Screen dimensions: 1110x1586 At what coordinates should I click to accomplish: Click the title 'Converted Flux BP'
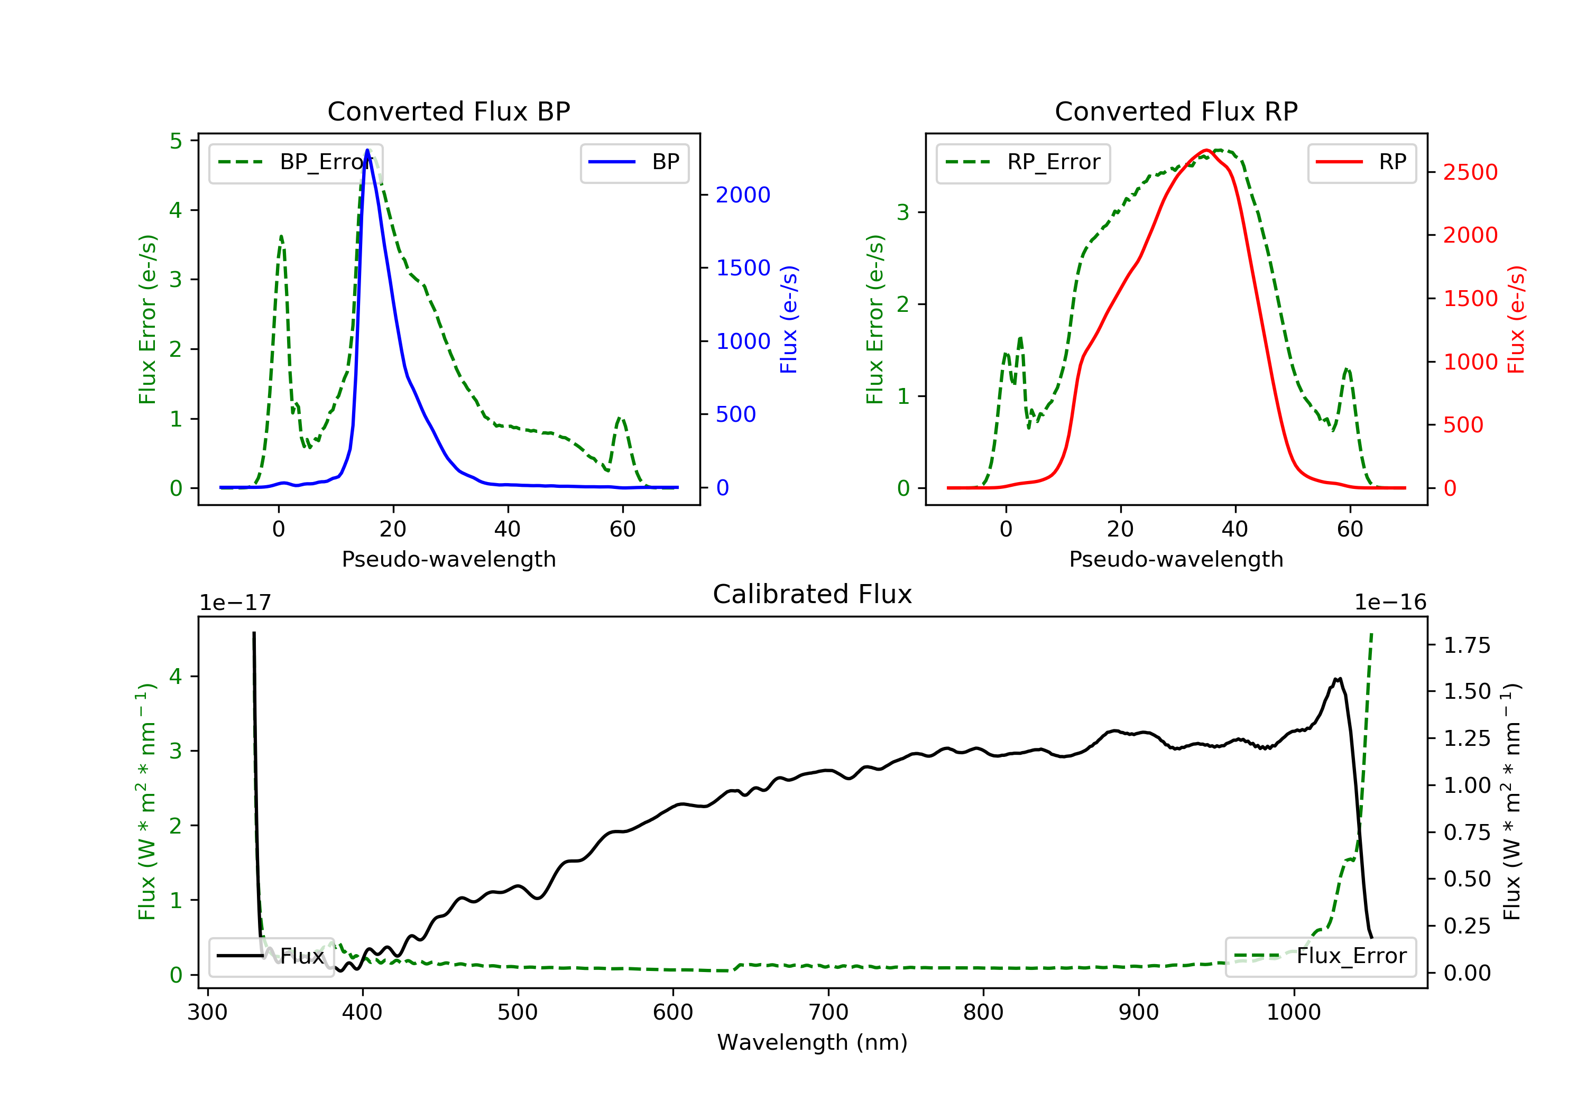pyautogui.click(x=448, y=111)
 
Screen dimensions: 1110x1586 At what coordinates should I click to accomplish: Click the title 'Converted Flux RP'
pyautogui.click(x=1176, y=111)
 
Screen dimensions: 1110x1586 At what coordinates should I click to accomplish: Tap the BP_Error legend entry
pyautogui.click(x=296, y=163)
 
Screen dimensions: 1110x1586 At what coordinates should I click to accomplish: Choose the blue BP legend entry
pyautogui.click(x=634, y=162)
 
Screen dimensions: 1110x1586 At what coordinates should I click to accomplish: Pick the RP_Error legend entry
pyautogui.click(x=1023, y=163)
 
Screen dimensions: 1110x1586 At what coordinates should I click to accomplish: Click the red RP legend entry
pyautogui.click(x=1361, y=162)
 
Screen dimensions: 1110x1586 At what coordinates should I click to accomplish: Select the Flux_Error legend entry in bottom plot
pyautogui.click(x=1321, y=956)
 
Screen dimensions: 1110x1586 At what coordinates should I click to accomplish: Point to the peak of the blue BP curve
pyautogui.click(x=367, y=150)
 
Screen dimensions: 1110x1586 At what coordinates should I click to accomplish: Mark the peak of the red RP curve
pyautogui.click(x=1206, y=150)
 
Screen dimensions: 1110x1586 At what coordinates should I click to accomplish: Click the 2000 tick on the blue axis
pyautogui.click(x=743, y=196)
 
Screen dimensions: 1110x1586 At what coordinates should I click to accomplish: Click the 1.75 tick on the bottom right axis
pyautogui.click(x=1467, y=646)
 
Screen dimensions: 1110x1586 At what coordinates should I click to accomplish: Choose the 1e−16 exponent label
pyautogui.click(x=1390, y=603)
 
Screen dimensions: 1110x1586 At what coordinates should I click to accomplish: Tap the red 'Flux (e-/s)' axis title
pyautogui.click(x=1516, y=320)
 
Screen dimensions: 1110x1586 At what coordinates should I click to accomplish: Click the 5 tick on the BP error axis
pyautogui.click(x=176, y=141)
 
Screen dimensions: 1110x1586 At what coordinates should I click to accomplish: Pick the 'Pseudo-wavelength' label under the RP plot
pyautogui.click(x=1176, y=559)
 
